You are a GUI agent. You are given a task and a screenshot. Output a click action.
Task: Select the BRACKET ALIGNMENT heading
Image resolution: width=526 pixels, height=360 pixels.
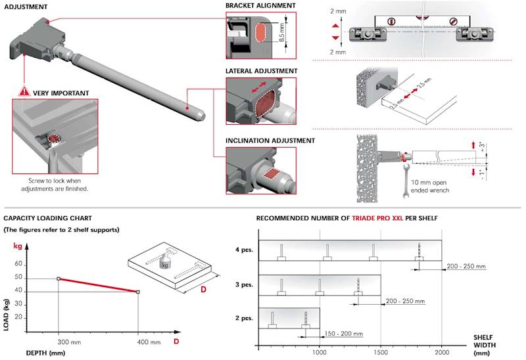point(260,6)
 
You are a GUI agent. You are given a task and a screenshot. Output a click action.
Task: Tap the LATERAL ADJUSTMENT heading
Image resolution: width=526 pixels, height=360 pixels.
point(261,71)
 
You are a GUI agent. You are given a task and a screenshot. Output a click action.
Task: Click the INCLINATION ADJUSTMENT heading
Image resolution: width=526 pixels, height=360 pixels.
point(270,141)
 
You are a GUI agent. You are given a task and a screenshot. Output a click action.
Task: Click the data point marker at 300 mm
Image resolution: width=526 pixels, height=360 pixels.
point(59,279)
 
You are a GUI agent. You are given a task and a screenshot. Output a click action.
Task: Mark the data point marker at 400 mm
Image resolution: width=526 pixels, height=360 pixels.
point(137,292)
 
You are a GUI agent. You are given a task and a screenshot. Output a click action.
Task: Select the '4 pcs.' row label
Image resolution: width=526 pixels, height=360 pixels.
point(243,250)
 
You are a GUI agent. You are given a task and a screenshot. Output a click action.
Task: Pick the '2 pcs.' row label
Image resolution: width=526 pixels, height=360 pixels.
point(243,318)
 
